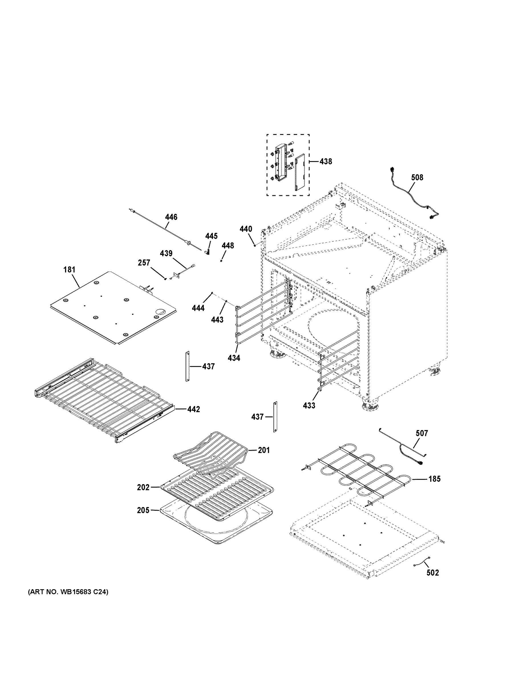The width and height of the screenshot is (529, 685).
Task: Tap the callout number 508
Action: pyautogui.click(x=417, y=178)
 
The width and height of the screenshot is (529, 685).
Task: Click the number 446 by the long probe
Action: pyautogui.click(x=171, y=217)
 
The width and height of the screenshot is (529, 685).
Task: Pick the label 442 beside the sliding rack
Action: pyautogui.click(x=193, y=409)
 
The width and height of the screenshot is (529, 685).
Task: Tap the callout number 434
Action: pyautogui.click(x=234, y=358)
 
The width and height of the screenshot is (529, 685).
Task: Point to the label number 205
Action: pyautogui.click(x=143, y=510)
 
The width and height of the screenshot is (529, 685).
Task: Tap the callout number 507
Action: pyautogui.click(x=421, y=433)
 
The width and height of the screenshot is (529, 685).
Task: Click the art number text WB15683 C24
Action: pyautogui.click(x=68, y=592)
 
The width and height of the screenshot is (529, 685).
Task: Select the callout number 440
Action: pyautogui.click(x=246, y=229)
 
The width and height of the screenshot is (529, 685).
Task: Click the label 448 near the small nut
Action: pyautogui.click(x=228, y=245)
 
